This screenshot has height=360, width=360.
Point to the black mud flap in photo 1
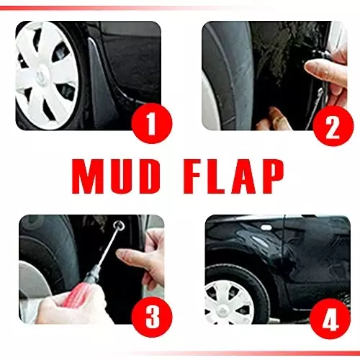click(x=100, y=79)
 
